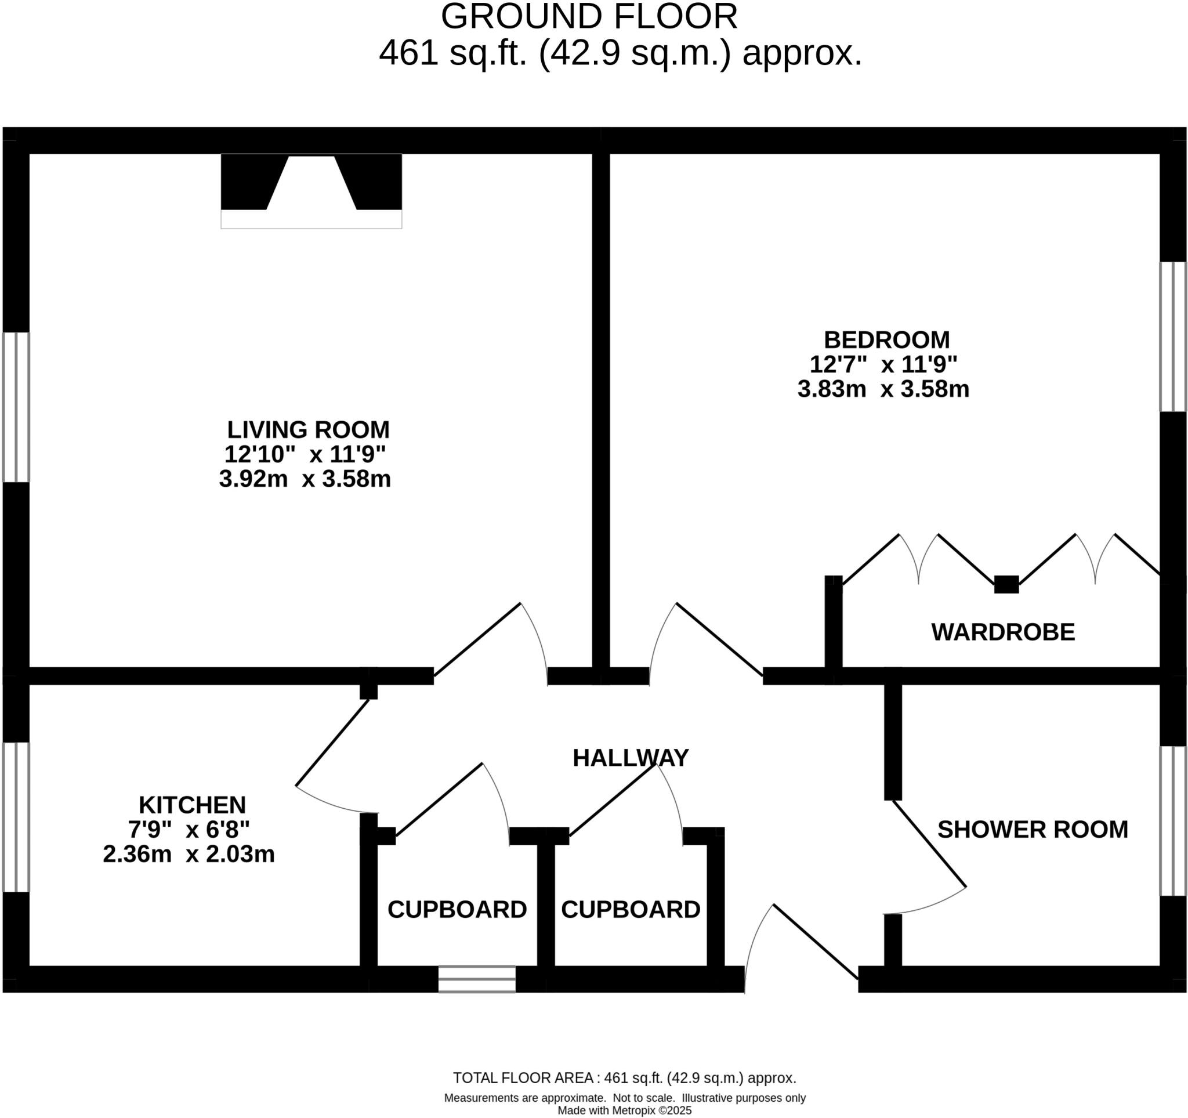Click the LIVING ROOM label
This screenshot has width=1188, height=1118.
308,430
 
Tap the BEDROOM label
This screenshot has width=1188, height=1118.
886,339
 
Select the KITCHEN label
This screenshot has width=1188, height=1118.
192,805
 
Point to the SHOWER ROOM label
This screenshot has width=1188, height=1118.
1032,829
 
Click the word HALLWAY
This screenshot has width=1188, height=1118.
631,758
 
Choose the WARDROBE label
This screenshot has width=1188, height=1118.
1003,632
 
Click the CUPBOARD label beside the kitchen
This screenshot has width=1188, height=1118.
457,909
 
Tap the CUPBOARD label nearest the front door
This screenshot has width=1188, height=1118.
631,909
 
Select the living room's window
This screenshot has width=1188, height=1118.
16,407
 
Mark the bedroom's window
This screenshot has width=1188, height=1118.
1172,337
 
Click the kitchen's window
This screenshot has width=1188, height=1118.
16,817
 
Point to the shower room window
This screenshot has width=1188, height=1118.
1172,821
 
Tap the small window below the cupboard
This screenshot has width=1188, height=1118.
477,979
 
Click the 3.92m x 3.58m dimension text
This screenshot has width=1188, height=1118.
305,479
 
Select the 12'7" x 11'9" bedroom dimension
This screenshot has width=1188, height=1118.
883,364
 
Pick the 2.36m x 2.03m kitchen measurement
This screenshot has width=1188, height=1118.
189,854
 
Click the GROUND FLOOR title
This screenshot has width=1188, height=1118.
589,17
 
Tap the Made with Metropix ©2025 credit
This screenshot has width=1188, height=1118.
625,1110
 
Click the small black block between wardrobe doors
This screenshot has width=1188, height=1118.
1006,584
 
